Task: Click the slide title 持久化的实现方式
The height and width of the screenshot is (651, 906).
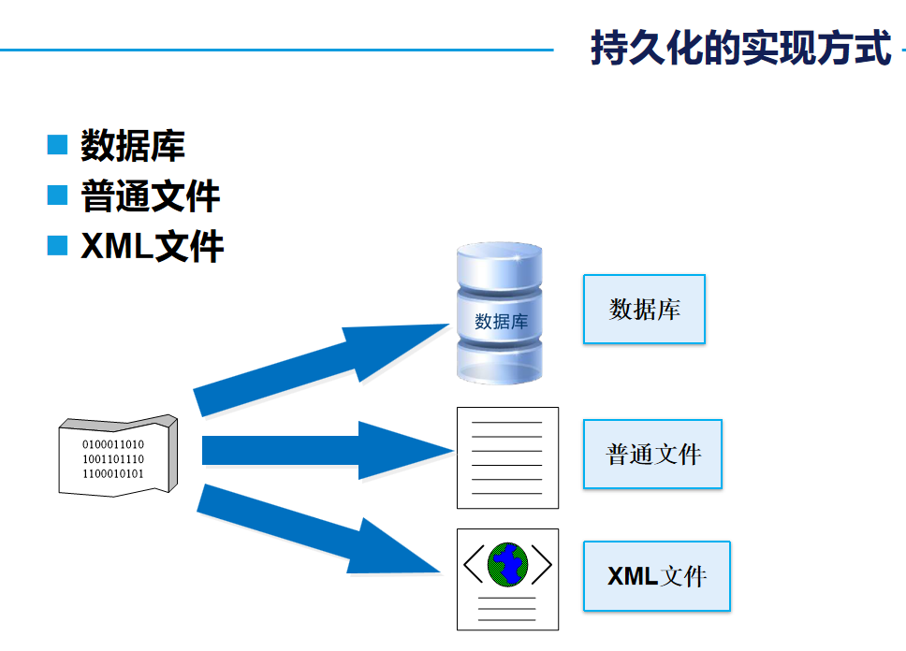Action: point(740,48)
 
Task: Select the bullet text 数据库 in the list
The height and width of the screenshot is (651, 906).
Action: point(133,146)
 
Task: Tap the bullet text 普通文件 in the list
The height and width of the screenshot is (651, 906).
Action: point(150,196)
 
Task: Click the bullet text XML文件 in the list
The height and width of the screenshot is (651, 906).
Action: point(153,247)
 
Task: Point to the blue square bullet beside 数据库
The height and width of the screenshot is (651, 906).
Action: point(58,145)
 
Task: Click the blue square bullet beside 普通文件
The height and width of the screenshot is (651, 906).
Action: point(58,195)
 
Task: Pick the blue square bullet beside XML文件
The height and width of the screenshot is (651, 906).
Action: point(58,246)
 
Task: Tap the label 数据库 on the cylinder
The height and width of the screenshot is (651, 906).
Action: point(501,322)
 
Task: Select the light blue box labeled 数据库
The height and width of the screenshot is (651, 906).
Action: point(644,309)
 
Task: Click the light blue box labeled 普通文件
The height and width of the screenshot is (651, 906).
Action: point(652,455)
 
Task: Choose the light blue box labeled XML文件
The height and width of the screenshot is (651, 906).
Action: point(656,575)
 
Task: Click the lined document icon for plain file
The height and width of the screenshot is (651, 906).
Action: point(507,457)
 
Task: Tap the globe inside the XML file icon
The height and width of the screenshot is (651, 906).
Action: point(507,564)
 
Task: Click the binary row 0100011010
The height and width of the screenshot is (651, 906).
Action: point(113,444)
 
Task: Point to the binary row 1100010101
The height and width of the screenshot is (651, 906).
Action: point(113,473)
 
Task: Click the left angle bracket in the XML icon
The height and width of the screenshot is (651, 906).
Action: point(474,563)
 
